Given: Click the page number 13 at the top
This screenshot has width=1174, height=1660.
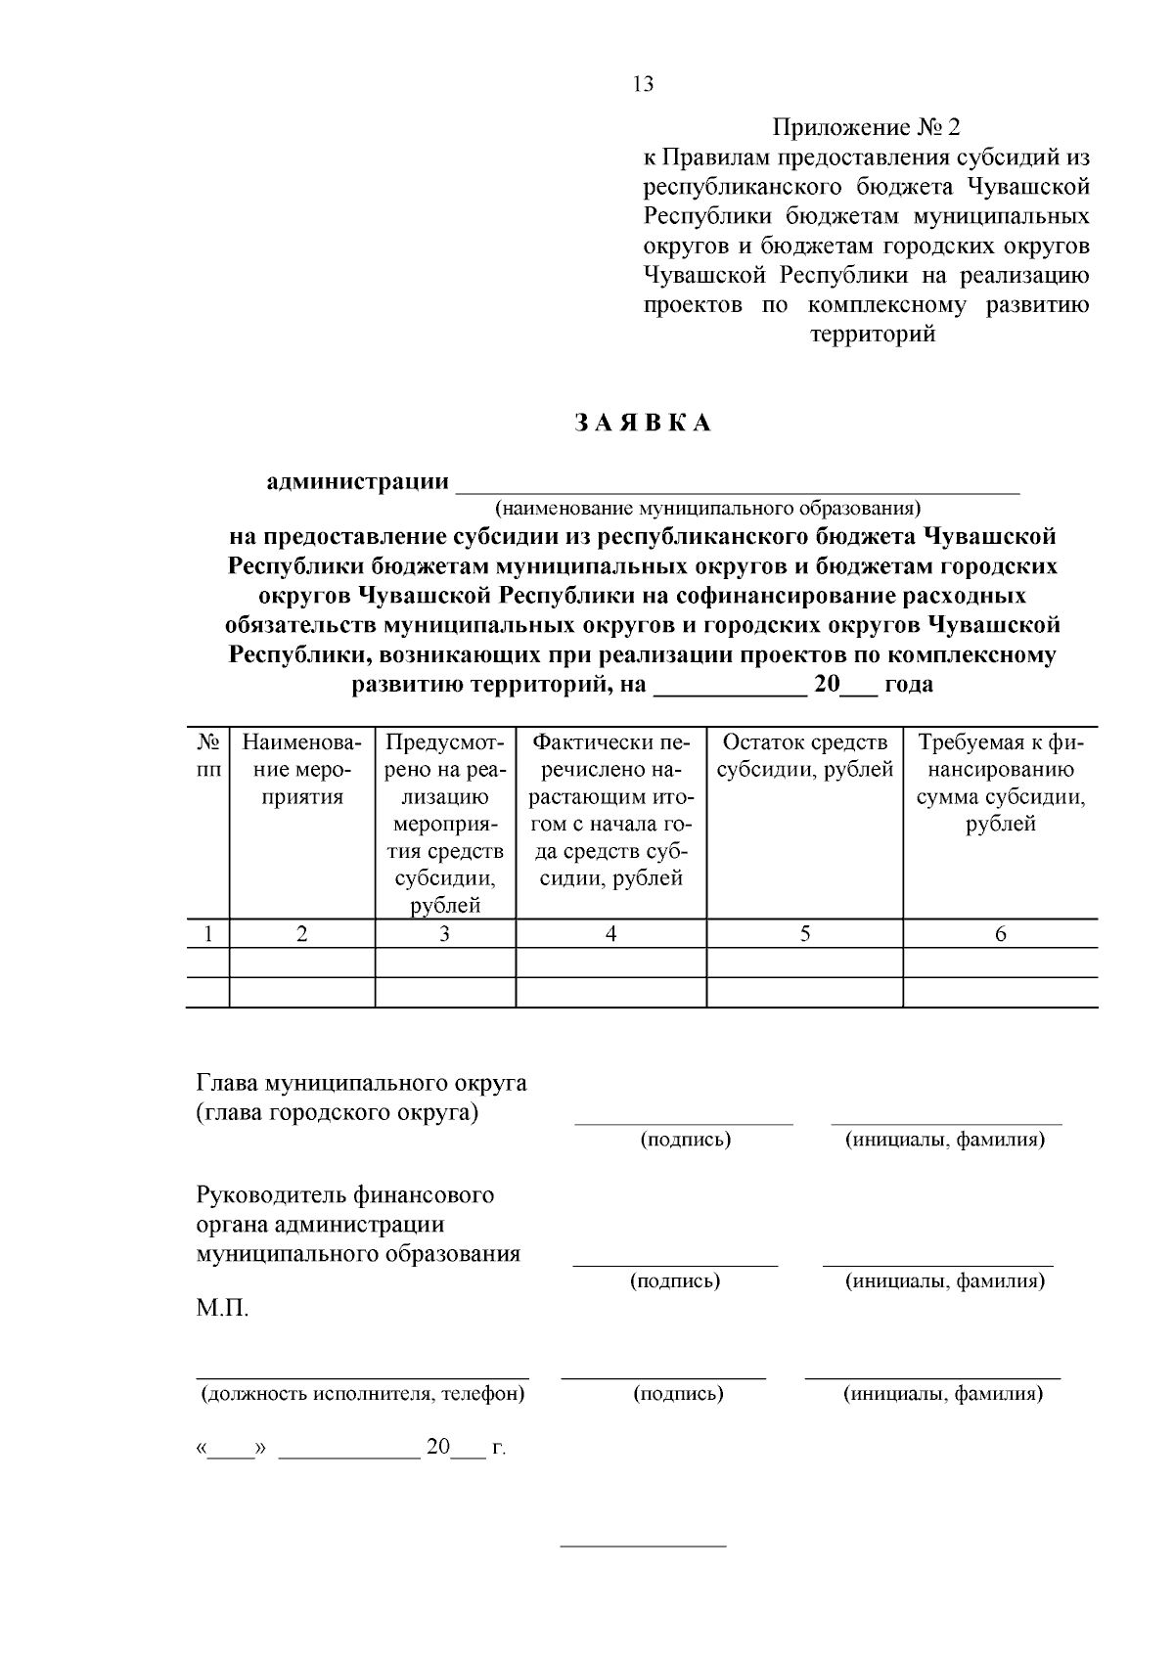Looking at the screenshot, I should [x=643, y=84].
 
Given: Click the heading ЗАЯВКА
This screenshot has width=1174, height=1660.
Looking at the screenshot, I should [x=642, y=424].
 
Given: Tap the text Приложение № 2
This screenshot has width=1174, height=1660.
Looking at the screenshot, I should [x=867, y=127].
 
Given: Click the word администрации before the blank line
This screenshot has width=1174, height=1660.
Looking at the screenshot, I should [x=357, y=482].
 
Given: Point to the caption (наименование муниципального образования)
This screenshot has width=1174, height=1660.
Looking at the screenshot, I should [x=707, y=509].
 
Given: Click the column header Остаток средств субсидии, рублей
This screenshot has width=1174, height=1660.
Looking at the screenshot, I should [x=804, y=756].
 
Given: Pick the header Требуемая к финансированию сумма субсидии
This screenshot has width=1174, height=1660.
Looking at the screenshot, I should [x=1000, y=783].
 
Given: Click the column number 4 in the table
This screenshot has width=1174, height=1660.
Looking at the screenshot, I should [x=610, y=934].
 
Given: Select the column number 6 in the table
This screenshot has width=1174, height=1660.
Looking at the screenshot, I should [x=1000, y=934].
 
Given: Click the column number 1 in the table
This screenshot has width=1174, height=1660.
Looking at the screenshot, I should [x=207, y=934].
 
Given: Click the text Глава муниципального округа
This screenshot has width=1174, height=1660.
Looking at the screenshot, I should [x=361, y=1083].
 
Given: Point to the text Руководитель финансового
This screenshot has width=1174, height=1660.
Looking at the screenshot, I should [x=344, y=1195].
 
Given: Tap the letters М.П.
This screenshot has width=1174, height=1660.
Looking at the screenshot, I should [x=222, y=1309].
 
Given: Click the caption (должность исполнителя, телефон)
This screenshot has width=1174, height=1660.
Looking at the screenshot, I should [x=362, y=1394].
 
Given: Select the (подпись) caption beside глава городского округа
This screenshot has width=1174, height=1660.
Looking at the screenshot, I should [x=685, y=1140].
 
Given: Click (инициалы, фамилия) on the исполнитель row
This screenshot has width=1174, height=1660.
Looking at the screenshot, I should [x=943, y=1394].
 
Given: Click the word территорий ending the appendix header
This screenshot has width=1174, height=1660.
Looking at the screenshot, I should [x=873, y=335].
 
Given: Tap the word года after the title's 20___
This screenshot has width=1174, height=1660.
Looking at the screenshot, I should [x=908, y=685].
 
